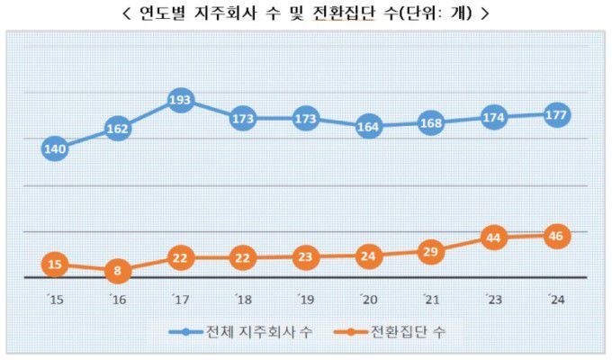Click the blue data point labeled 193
180,100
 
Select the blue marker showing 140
55,149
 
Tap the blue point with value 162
118,129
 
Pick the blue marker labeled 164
368,127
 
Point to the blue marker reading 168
430,123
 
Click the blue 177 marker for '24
556,114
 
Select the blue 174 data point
493,118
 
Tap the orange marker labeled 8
118,270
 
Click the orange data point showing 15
55,264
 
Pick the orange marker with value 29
430,252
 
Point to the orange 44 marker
493,238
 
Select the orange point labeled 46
556,237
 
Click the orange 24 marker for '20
368,256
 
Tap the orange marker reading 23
305,256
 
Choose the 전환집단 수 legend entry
401,332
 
